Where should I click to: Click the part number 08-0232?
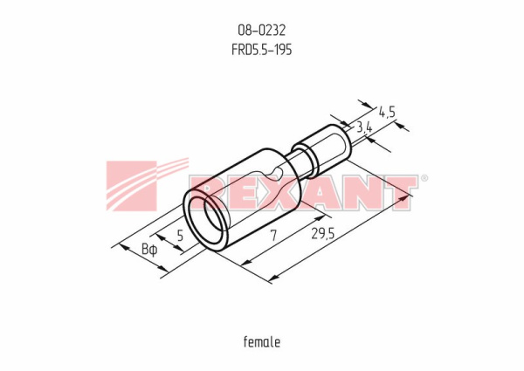(262, 31)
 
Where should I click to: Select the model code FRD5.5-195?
(262, 50)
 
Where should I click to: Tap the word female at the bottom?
(262, 342)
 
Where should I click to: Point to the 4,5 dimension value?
(387, 113)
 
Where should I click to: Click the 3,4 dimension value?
(364, 127)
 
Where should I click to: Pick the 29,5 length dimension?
(322, 234)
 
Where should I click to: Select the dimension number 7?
(274, 236)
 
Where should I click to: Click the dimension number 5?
(180, 236)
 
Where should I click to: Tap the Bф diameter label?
(149, 250)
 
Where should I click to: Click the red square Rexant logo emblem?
(131, 186)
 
